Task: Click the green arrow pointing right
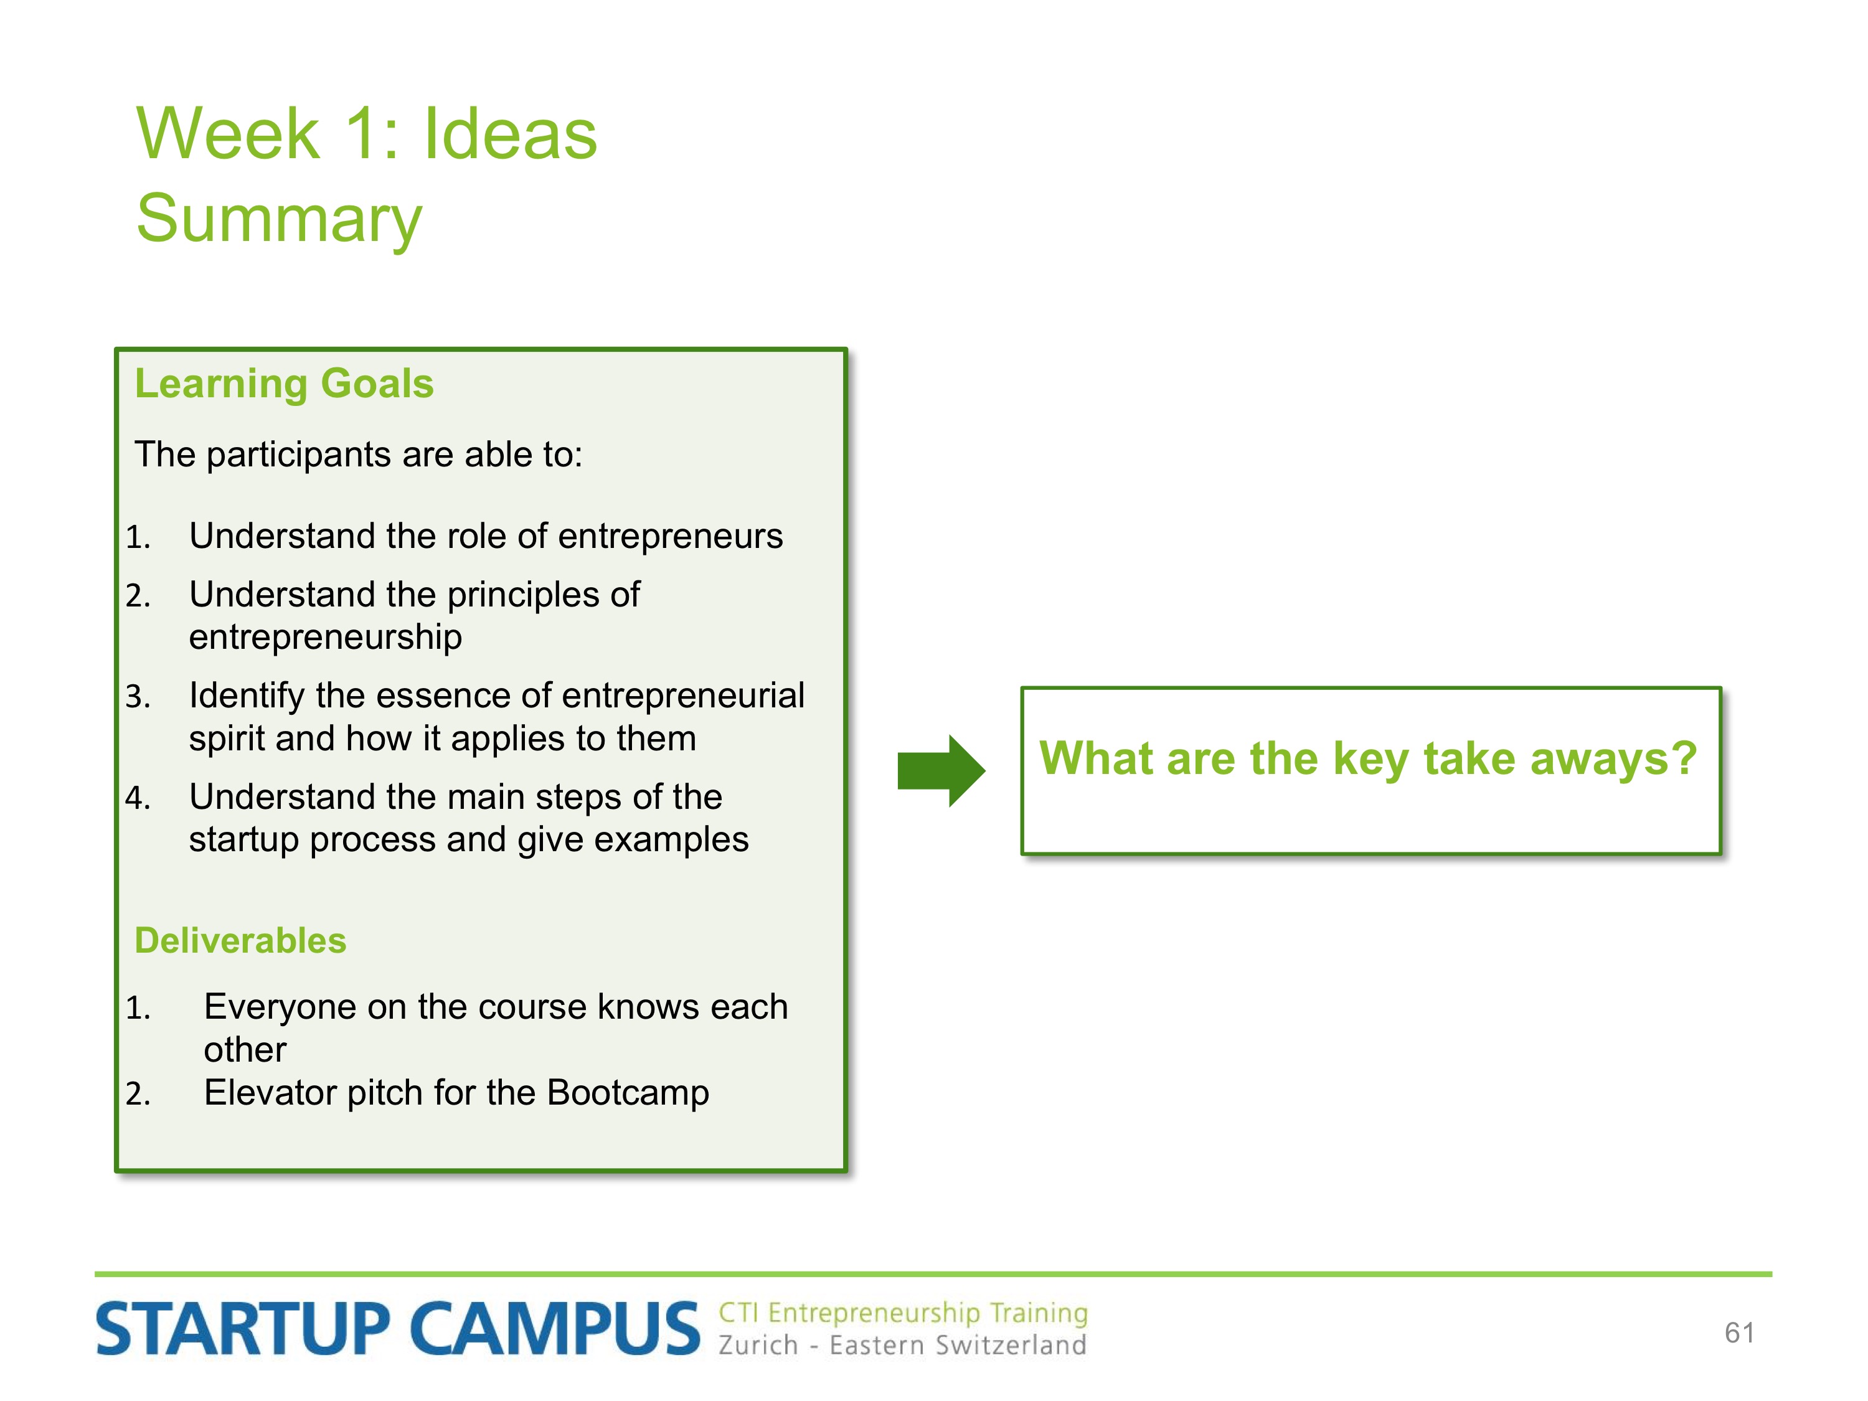pyautogui.click(x=941, y=770)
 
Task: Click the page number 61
pyautogui.click(x=1740, y=1333)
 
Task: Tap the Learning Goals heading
pyautogui.click(x=284, y=384)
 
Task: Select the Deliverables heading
pyautogui.click(x=241, y=941)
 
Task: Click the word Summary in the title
pyautogui.click(x=279, y=220)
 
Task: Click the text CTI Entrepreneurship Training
pyautogui.click(x=903, y=1313)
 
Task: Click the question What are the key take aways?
pyautogui.click(x=1368, y=758)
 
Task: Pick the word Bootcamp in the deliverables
pyautogui.click(x=628, y=1093)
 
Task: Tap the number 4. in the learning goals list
pyautogui.click(x=138, y=798)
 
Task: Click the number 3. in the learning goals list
pyautogui.click(x=138, y=697)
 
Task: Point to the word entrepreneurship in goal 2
pyautogui.click(x=325, y=638)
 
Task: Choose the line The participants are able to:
pyautogui.click(x=359, y=455)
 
